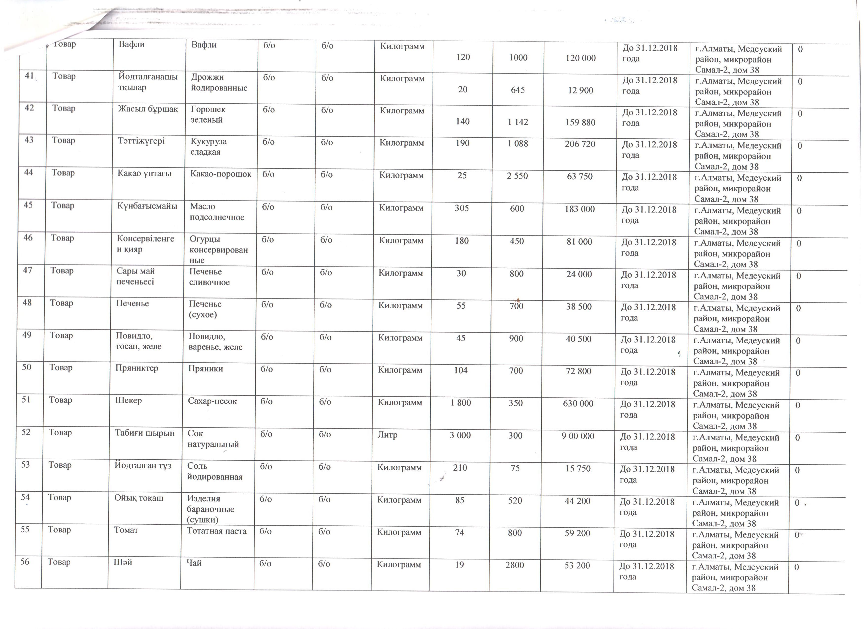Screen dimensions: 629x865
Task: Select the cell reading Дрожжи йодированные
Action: (x=219, y=82)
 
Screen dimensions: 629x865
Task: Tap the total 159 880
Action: (x=580, y=122)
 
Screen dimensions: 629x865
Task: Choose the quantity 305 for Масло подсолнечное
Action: (x=462, y=208)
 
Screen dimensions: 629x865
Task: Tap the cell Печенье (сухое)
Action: (x=205, y=309)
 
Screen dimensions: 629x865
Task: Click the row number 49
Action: (x=27, y=335)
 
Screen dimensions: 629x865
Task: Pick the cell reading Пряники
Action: (x=205, y=369)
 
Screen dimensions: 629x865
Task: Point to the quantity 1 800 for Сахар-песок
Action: (x=460, y=403)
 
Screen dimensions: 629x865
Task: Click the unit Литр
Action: (x=387, y=435)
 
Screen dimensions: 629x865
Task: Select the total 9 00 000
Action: (x=578, y=436)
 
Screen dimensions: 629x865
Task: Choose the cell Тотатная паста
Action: (x=216, y=531)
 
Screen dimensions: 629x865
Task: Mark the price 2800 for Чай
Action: (x=515, y=565)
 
